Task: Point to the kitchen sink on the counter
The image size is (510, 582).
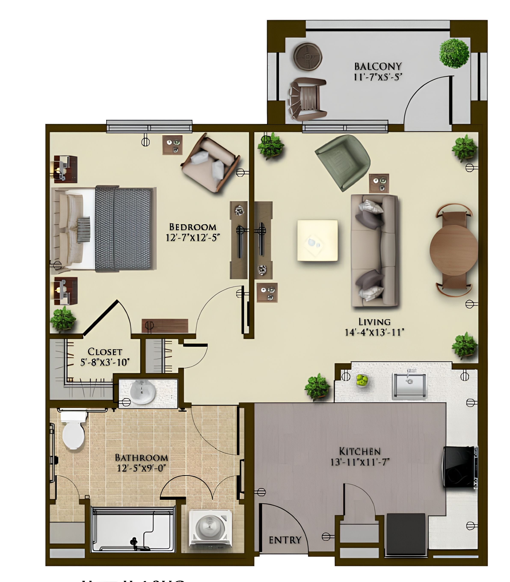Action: [409, 385]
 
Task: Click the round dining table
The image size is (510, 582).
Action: [453, 250]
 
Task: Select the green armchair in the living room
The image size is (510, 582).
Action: [343, 161]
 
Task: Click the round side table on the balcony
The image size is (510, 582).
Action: [308, 56]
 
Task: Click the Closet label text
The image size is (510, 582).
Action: [105, 352]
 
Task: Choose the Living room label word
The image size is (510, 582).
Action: [374, 322]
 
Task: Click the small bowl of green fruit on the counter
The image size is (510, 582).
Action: [362, 380]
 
